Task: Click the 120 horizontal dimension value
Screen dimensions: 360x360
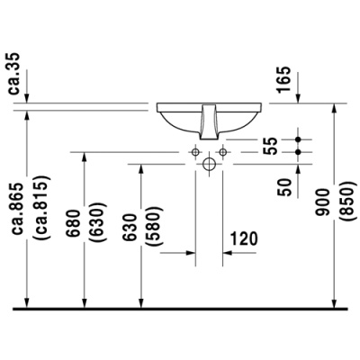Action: point(244,238)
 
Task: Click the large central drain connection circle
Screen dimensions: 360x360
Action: point(210,165)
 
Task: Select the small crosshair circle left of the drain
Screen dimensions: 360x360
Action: point(195,153)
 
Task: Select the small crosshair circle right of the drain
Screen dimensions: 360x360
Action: point(224,153)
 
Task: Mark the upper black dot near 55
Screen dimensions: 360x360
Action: point(299,139)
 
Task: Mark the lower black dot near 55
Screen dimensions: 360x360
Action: point(299,153)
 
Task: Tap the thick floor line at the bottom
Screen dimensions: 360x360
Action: point(180,309)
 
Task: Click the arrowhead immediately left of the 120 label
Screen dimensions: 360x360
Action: point(224,253)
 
